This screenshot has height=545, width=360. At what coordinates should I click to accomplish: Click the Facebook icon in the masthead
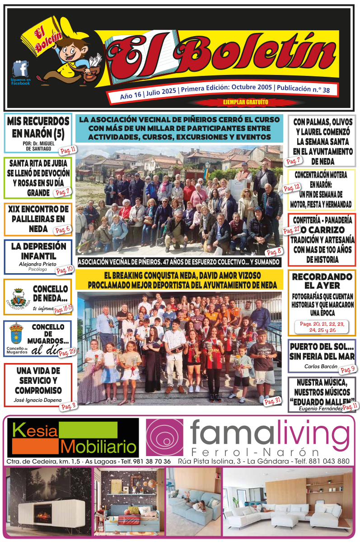coord(20,69)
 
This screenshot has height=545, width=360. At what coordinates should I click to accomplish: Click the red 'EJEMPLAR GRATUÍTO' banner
coord(245,102)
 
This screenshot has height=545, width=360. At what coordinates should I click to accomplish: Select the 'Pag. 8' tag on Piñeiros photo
coord(274,252)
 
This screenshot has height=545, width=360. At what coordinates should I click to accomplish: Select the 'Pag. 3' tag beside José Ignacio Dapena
coord(68,406)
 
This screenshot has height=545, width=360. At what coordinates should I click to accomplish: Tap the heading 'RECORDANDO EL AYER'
coord(322,281)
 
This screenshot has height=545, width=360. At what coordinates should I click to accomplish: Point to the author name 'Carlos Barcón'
coord(321,366)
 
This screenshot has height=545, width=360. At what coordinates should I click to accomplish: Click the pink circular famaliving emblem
coord(165,437)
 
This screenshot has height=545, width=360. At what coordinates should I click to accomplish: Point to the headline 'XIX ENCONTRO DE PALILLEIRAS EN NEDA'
coord(38,219)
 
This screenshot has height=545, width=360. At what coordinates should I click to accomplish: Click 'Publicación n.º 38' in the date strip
coord(303,89)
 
